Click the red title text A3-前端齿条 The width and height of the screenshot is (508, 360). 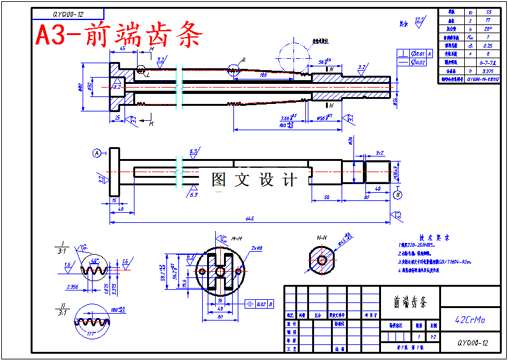[x=119, y=35]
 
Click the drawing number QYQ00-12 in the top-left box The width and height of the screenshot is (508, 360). [x=68, y=13]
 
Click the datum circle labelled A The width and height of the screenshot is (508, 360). [x=97, y=153]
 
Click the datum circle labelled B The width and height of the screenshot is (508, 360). [x=398, y=195]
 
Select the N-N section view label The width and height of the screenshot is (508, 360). [x=322, y=238]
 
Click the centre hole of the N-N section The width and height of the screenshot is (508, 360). [x=322, y=259]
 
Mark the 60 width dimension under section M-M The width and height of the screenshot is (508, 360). [x=220, y=317]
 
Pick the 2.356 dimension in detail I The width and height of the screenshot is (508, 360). [x=72, y=287]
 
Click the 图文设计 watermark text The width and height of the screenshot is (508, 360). [x=253, y=180]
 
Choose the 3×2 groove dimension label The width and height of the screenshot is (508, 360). [x=380, y=153]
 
